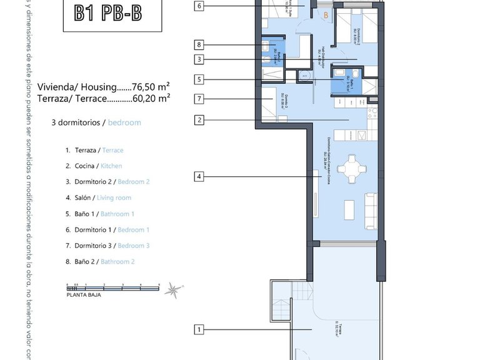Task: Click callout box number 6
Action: [x=199, y=7]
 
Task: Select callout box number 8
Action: [x=199, y=45]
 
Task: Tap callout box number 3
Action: [x=199, y=60]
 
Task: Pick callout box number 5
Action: [x=199, y=79]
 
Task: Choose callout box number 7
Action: [x=199, y=99]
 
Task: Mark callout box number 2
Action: [x=199, y=120]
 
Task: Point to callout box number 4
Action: [x=199, y=177]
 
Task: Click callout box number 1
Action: [x=199, y=329]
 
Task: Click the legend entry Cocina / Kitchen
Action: [x=94, y=166]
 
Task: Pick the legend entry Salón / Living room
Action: [x=98, y=198]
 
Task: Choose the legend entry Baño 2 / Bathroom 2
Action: [x=100, y=262]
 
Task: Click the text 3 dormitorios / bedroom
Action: [x=96, y=122]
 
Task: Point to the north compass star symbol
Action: [x=174, y=291]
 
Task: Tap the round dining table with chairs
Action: [x=347, y=167]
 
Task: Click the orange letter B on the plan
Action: [x=325, y=15]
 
